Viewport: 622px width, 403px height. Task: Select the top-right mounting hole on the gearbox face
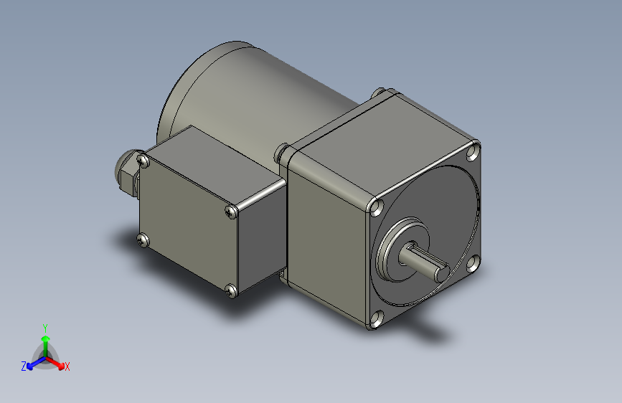point(472,151)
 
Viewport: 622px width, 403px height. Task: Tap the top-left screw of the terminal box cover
point(144,161)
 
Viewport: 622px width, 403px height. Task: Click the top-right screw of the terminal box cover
point(230,211)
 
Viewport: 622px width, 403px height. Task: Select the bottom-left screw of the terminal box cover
point(143,240)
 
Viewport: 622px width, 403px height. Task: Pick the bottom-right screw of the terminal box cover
point(230,290)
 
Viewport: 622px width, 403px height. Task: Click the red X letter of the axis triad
point(67,367)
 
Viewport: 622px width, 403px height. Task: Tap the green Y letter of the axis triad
point(44,326)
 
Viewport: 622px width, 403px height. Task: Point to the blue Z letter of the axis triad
point(24,366)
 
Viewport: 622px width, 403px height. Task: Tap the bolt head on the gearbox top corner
point(379,93)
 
